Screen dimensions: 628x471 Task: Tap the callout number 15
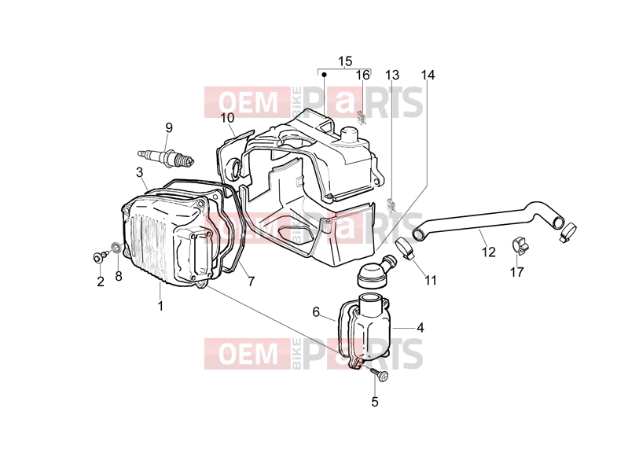tap(345, 61)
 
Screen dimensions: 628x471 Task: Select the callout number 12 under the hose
tap(489, 252)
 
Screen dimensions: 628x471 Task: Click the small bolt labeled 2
tap(99, 256)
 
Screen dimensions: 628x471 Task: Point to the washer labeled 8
tap(116, 248)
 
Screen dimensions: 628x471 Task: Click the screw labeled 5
tap(379, 374)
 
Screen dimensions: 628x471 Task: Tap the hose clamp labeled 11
tap(406, 249)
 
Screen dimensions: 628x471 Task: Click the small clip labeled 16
tap(362, 117)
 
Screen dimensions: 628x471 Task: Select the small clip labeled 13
tap(391, 204)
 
